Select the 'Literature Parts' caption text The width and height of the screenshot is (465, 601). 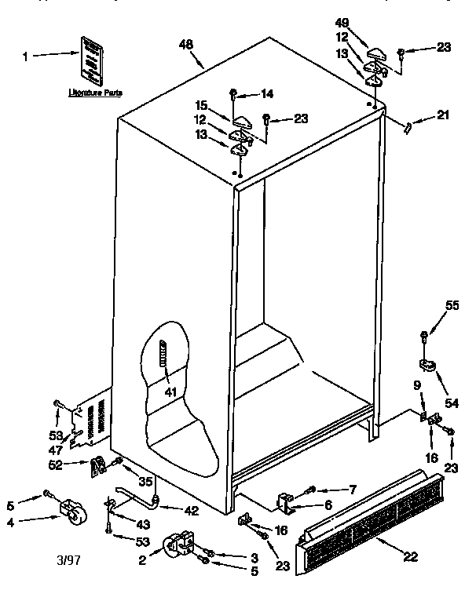(x=94, y=92)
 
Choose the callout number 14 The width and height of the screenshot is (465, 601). (x=266, y=94)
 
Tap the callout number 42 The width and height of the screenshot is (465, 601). (x=192, y=510)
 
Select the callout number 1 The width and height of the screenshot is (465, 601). (x=25, y=56)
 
